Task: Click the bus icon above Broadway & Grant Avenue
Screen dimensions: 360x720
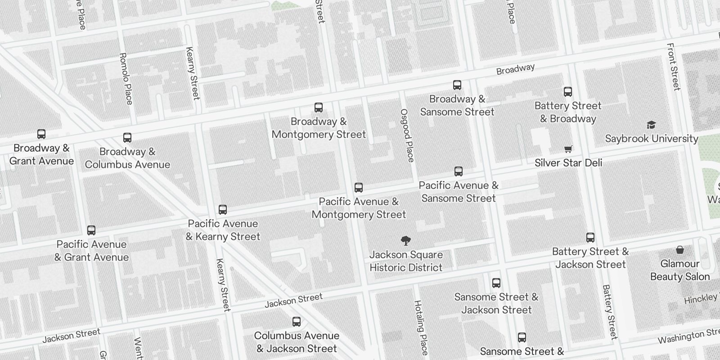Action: click(41, 134)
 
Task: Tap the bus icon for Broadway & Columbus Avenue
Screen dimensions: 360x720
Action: click(127, 138)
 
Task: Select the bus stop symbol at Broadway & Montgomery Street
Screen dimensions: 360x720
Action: click(319, 108)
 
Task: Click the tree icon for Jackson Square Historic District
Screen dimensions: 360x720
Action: click(406, 241)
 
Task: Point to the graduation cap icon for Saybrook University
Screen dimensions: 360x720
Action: click(651, 125)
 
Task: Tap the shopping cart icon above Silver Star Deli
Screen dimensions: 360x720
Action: click(568, 149)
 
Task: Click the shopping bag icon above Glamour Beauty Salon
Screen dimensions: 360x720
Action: click(680, 250)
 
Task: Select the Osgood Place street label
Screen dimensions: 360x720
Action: click(407, 135)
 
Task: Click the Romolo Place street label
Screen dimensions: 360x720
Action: click(126, 79)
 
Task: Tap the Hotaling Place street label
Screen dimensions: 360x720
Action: click(421, 327)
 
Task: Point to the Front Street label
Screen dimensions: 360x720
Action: click(673, 67)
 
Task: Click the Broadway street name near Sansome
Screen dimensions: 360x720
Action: click(515, 69)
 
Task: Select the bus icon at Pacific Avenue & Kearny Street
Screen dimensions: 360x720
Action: click(223, 210)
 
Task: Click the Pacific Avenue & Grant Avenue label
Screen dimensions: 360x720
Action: click(92, 251)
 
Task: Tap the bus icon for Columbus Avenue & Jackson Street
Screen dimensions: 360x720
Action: click(297, 322)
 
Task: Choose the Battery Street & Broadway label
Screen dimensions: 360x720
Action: click(568, 112)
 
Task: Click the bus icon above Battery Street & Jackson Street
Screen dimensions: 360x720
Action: click(590, 238)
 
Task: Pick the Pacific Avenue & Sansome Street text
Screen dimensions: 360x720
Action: click(459, 192)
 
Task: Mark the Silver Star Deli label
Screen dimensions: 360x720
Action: click(568, 162)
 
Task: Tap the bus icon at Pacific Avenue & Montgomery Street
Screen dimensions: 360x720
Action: click(359, 188)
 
